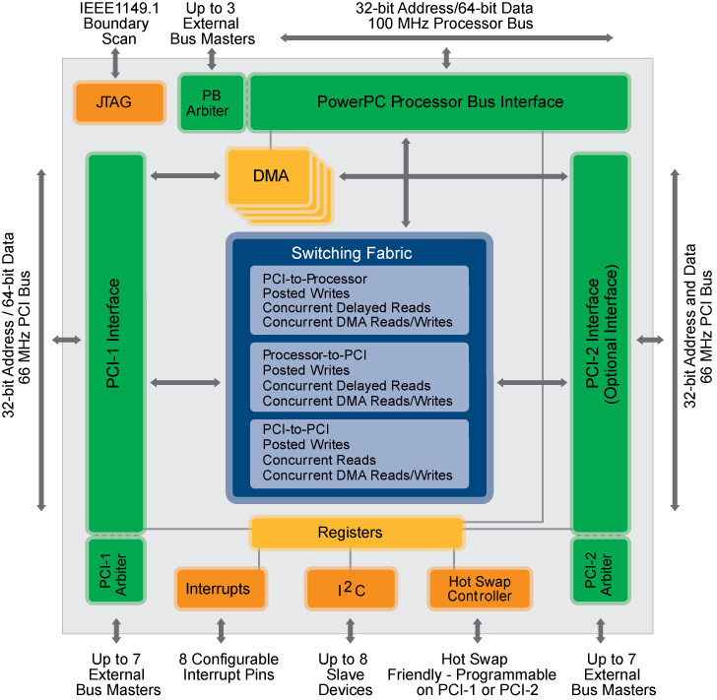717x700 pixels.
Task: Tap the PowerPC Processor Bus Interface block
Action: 439,102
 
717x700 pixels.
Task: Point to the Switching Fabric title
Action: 352,253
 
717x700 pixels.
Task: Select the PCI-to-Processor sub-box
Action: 358,300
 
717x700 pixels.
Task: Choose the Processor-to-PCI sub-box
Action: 358,377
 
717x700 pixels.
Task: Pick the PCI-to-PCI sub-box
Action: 358,453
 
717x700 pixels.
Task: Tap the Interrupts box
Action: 218,589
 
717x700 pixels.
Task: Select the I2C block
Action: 351,589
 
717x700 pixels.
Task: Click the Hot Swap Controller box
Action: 480,589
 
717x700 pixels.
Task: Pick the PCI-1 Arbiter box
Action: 115,571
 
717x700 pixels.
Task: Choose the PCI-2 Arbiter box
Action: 601,571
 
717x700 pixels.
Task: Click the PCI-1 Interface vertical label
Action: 114,335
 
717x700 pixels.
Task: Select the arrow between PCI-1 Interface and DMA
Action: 185,176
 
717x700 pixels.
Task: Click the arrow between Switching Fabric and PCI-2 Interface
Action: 531,381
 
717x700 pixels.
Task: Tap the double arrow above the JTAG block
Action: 115,61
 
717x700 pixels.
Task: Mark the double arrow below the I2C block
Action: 351,630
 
